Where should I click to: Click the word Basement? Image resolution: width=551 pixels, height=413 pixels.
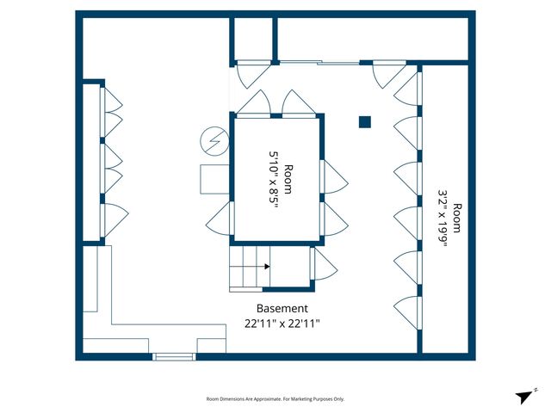[x=282, y=308]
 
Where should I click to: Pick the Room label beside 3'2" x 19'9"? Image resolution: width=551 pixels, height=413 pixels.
[x=458, y=219]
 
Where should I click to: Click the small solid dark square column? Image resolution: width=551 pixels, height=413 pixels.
[x=365, y=121]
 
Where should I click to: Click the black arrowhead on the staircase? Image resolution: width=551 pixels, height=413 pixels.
[x=267, y=266]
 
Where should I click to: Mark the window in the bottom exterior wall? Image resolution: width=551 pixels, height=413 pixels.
[x=175, y=356]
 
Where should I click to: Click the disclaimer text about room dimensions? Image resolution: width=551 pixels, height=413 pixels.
[x=275, y=399]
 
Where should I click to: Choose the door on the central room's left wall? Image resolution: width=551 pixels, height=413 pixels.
[x=220, y=218]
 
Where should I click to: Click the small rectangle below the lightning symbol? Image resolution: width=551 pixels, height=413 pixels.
[x=214, y=179]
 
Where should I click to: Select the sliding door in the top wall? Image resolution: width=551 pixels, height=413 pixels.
[x=319, y=62]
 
